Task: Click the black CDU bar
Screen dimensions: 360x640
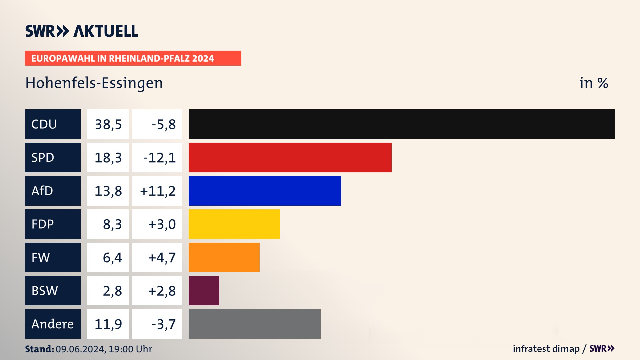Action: coord(402,124)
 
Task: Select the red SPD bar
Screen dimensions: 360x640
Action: coord(290,157)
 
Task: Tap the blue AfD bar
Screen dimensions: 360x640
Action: coord(265,191)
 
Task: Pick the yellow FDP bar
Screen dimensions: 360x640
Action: coord(234,224)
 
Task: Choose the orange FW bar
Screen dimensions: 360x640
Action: coord(224,257)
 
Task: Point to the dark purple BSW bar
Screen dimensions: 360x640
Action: coord(204,291)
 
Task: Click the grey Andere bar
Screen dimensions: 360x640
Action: coord(254,324)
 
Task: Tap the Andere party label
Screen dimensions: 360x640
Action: coord(53,324)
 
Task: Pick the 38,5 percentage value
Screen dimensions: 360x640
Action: coord(108,124)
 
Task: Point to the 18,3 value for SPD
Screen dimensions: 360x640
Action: coord(108,158)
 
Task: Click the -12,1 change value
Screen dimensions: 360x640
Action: coord(159,158)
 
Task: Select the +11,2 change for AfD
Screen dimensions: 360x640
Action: coord(158,191)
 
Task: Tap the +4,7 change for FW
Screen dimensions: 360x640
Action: coord(162,258)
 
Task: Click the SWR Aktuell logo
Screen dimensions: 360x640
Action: coord(81,31)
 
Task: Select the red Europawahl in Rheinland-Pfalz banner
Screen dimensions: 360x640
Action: coord(133,58)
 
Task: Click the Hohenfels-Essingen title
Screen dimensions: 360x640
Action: coord(94,83)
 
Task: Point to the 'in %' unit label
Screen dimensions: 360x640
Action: coord(594,83)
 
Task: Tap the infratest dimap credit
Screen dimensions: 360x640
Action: coord(546,349)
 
